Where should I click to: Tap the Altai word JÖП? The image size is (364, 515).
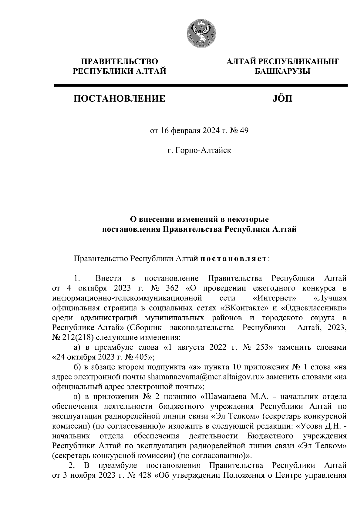click(281, 99)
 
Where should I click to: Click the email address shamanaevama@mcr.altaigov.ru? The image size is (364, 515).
click(203, 377)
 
